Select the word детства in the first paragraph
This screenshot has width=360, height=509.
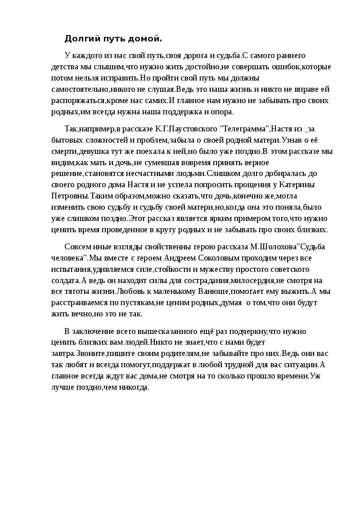pyautogui.click(x=64, y=67)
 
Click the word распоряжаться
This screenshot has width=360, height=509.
pyautogui.click(x=78, y=100)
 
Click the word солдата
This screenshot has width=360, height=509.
pyautogui.click(x=65, y=280)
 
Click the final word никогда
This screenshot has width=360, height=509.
pyautogui.click(x=133, y=387)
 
